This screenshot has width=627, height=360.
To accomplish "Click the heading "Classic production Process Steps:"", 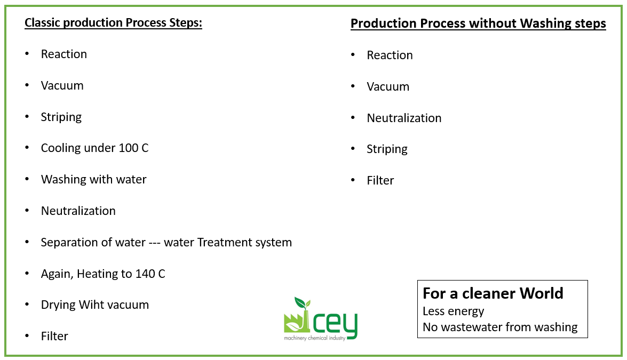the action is pos(113,23).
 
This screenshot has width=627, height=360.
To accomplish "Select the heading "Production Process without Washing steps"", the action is pos(478,23).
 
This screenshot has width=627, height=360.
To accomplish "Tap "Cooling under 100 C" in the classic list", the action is pos(94,148).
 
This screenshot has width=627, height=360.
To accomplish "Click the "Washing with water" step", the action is pos(93,179).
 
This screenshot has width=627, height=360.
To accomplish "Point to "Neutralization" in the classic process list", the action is pos(78,211).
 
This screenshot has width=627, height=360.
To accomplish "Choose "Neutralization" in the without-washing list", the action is pos(404,118).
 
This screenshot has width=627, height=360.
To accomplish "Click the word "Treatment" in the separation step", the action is pos(224,242).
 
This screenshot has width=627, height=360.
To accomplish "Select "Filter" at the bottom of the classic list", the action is pos(54,336).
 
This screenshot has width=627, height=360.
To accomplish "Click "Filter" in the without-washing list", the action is pos(380,180).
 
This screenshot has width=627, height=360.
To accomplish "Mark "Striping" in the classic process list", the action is pos(61,117).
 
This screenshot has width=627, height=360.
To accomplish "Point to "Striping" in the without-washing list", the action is pos(387,149).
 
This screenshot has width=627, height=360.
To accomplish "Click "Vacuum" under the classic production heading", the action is pos(62,85).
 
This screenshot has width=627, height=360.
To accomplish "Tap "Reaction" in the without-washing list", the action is pos(390,55).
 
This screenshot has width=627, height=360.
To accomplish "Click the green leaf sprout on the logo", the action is pos(303,303).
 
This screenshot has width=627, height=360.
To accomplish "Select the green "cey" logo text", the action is pos(335,324).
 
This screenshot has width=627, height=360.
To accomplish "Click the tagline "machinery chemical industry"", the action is pos(314,338).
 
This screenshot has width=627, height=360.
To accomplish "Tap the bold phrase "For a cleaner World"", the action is pos(493,293).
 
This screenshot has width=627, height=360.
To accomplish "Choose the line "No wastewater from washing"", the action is pos(500,327).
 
